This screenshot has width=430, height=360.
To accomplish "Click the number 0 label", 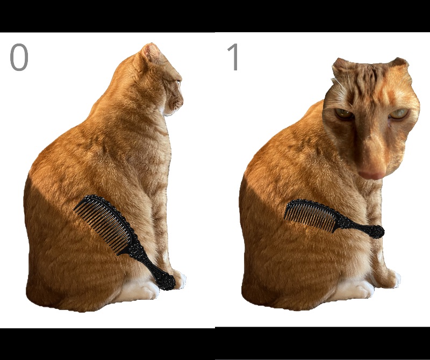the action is click(x=19, y=57).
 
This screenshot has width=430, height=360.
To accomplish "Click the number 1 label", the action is click(x=233, y=57).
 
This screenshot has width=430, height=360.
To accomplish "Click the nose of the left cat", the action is click(x=181, y=103).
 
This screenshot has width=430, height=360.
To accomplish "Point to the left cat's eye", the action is click(x=178, y=82).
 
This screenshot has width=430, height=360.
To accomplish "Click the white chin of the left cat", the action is click(x=168, y=111).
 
